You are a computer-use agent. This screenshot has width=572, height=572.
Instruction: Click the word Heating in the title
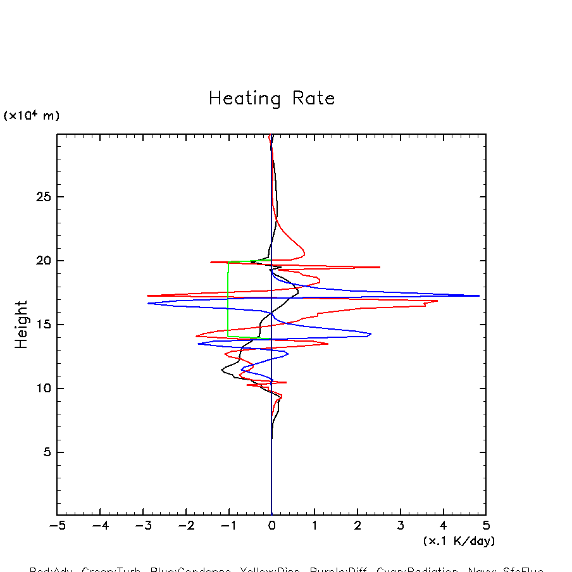click(244, 99)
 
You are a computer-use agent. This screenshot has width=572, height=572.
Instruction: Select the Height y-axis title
click(22, 325)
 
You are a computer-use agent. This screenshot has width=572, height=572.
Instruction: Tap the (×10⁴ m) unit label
click(32, 115)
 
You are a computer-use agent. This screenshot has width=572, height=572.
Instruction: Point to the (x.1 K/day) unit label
click(459, 541)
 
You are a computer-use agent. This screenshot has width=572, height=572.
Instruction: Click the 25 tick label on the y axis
click(43, 197)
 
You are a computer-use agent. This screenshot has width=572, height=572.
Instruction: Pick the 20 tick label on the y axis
click(43, 261)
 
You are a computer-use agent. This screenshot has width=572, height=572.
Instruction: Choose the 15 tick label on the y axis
click(43, 325)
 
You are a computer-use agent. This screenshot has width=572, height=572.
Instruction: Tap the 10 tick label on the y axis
click(43, 389)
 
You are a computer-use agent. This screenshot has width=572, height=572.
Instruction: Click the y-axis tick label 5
click(47, 452)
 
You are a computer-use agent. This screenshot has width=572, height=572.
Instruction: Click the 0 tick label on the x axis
click(271, 526)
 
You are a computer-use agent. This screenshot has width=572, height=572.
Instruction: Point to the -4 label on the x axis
click(100, 526)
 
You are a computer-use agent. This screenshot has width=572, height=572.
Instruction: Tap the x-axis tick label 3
click(400, 526)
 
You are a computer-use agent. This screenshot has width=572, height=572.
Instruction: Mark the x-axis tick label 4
click(443, 526)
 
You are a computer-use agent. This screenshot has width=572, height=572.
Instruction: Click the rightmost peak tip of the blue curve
click(478, 295)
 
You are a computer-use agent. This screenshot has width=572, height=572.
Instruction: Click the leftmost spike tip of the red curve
click(148, 295)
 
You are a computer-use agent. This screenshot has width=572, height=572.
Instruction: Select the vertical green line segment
click(228, 301)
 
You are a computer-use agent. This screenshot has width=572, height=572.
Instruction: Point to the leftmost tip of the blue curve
click(149, 304)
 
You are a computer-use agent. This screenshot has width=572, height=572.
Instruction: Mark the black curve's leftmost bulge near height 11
click(222, 370)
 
